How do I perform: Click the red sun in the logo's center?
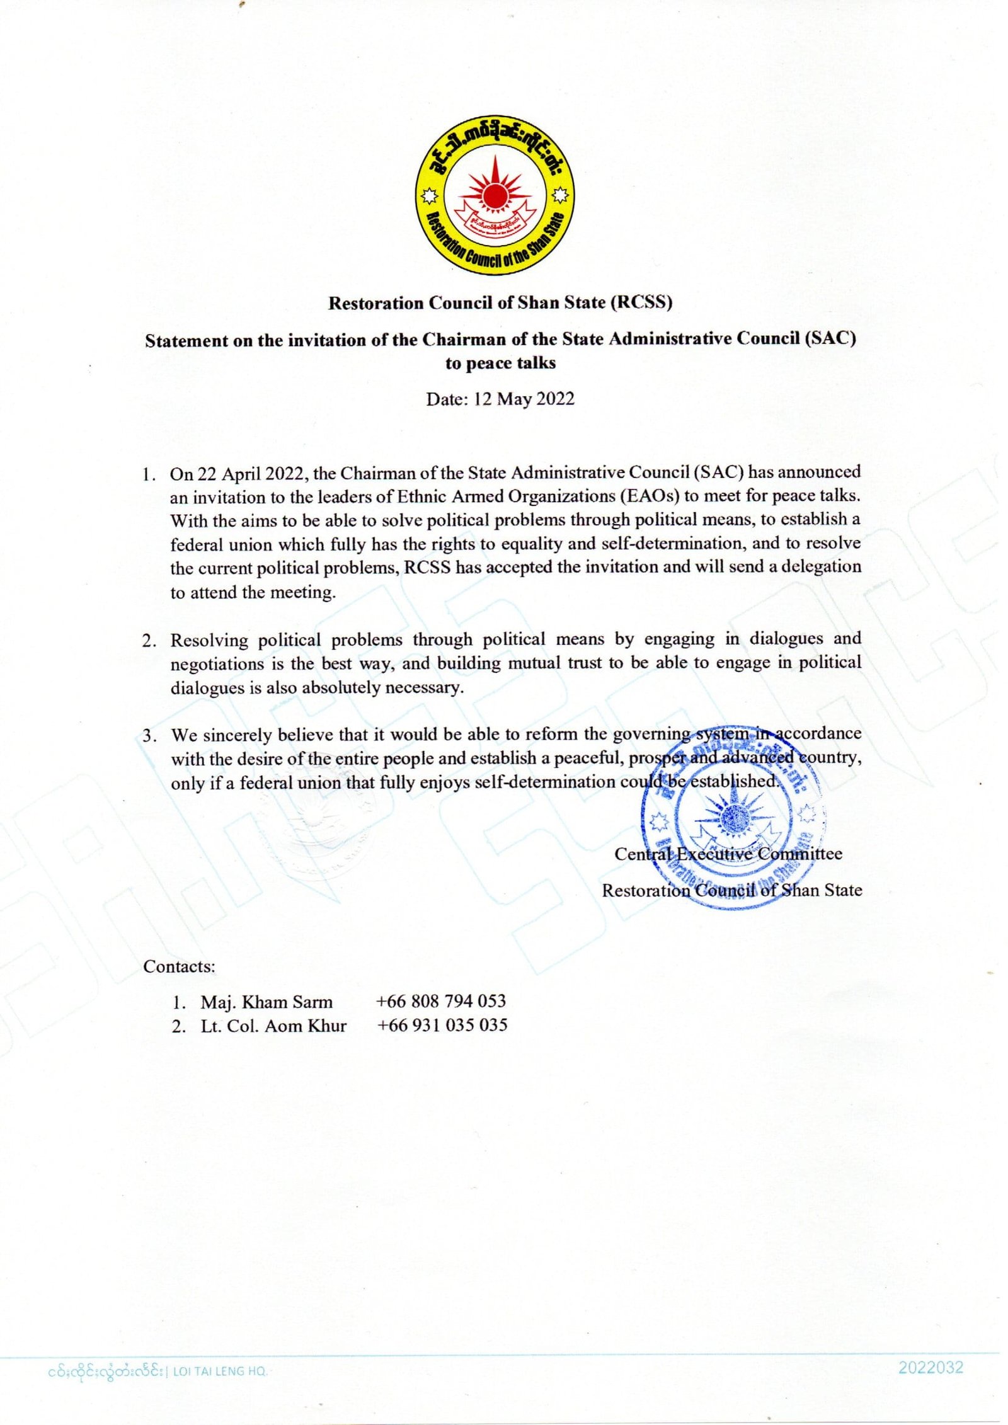tap(495, 191)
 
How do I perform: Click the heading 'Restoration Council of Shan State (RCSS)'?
tap(500, 303)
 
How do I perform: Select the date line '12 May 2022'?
tap(500, 399)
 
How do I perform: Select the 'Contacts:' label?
tap(179, 966)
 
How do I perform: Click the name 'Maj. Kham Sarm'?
tap(266, 1002)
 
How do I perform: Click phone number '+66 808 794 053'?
tap(441, 1001)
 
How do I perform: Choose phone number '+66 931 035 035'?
tap(442, 1025)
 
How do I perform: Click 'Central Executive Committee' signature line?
tap(728, 855)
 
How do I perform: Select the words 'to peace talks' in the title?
tap(500, 363)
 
